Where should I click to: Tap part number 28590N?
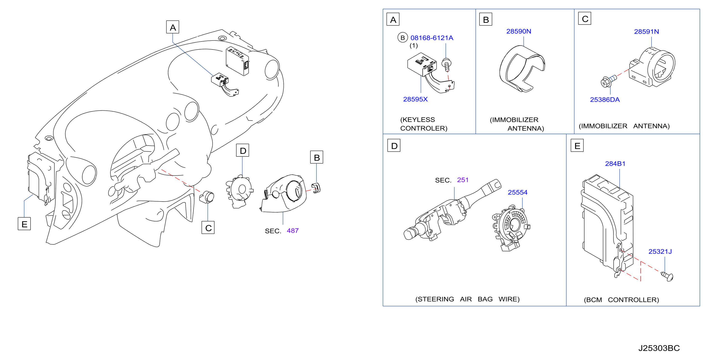[519, 31]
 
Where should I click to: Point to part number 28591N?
[646, 32]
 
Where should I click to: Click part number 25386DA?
[604, 100]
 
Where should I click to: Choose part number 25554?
[517, 192]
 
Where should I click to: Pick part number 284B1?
[615, 164]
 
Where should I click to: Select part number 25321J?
[660, 252]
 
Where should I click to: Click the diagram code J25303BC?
[659, 348]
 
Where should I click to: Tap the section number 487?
[293, 231]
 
